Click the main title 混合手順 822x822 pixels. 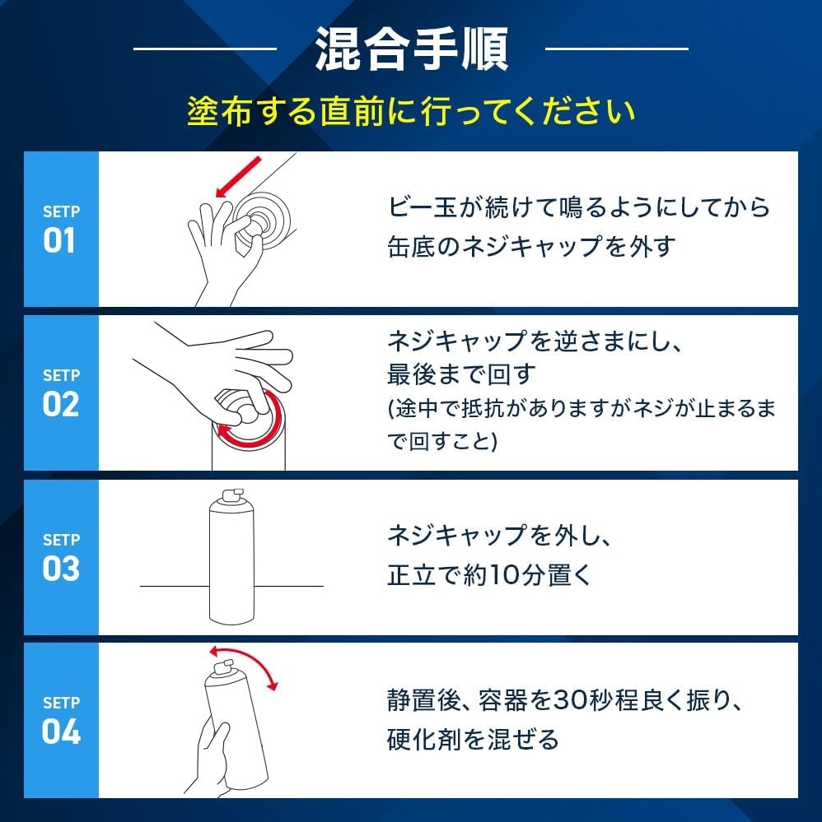412,49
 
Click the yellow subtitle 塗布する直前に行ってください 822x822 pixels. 411,111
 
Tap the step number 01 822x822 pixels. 58,240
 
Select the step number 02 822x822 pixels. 61,405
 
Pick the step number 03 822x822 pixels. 61,569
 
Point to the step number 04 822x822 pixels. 61,731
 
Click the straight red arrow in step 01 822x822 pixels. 238,177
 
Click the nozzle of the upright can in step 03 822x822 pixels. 232,495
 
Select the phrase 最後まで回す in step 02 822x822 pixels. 461,375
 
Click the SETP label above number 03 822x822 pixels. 62,540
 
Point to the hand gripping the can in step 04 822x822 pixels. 208,758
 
